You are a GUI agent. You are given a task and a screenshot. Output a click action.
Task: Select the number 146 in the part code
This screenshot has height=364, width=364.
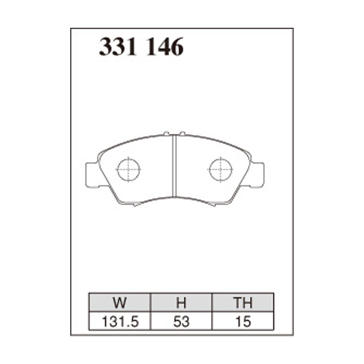click(x=165, y=47)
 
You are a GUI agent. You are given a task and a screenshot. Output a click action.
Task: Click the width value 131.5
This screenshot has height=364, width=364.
click(x=120, y=321)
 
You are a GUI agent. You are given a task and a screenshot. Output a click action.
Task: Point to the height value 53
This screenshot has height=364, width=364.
click(x=182, y=321)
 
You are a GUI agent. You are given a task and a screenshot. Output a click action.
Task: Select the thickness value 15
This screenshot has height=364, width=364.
click(x=243, y=321)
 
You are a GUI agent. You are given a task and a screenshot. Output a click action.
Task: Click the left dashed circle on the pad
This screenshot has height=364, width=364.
click(x=129, y=170)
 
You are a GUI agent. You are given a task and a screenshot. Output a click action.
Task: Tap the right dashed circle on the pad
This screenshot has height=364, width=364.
click(x=221, y=170)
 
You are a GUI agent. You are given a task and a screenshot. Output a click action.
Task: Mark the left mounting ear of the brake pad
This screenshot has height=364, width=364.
click(x=92, y=175)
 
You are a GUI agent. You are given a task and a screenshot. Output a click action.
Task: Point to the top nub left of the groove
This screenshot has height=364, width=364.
click(x=166, y=133)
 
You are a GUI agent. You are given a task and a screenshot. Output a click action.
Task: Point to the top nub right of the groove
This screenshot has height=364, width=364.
click(x=182, y=133)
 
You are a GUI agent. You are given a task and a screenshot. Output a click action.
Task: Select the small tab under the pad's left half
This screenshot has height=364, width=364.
click(x=135, y=205)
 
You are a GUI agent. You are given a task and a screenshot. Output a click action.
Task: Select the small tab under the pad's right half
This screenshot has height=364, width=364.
click(x=213, y=205)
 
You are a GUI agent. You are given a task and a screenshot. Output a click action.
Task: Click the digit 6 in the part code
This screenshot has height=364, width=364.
click(x=177, y=47)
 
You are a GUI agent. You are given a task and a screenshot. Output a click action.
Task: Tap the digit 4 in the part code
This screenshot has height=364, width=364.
click(x=165, y=47)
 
